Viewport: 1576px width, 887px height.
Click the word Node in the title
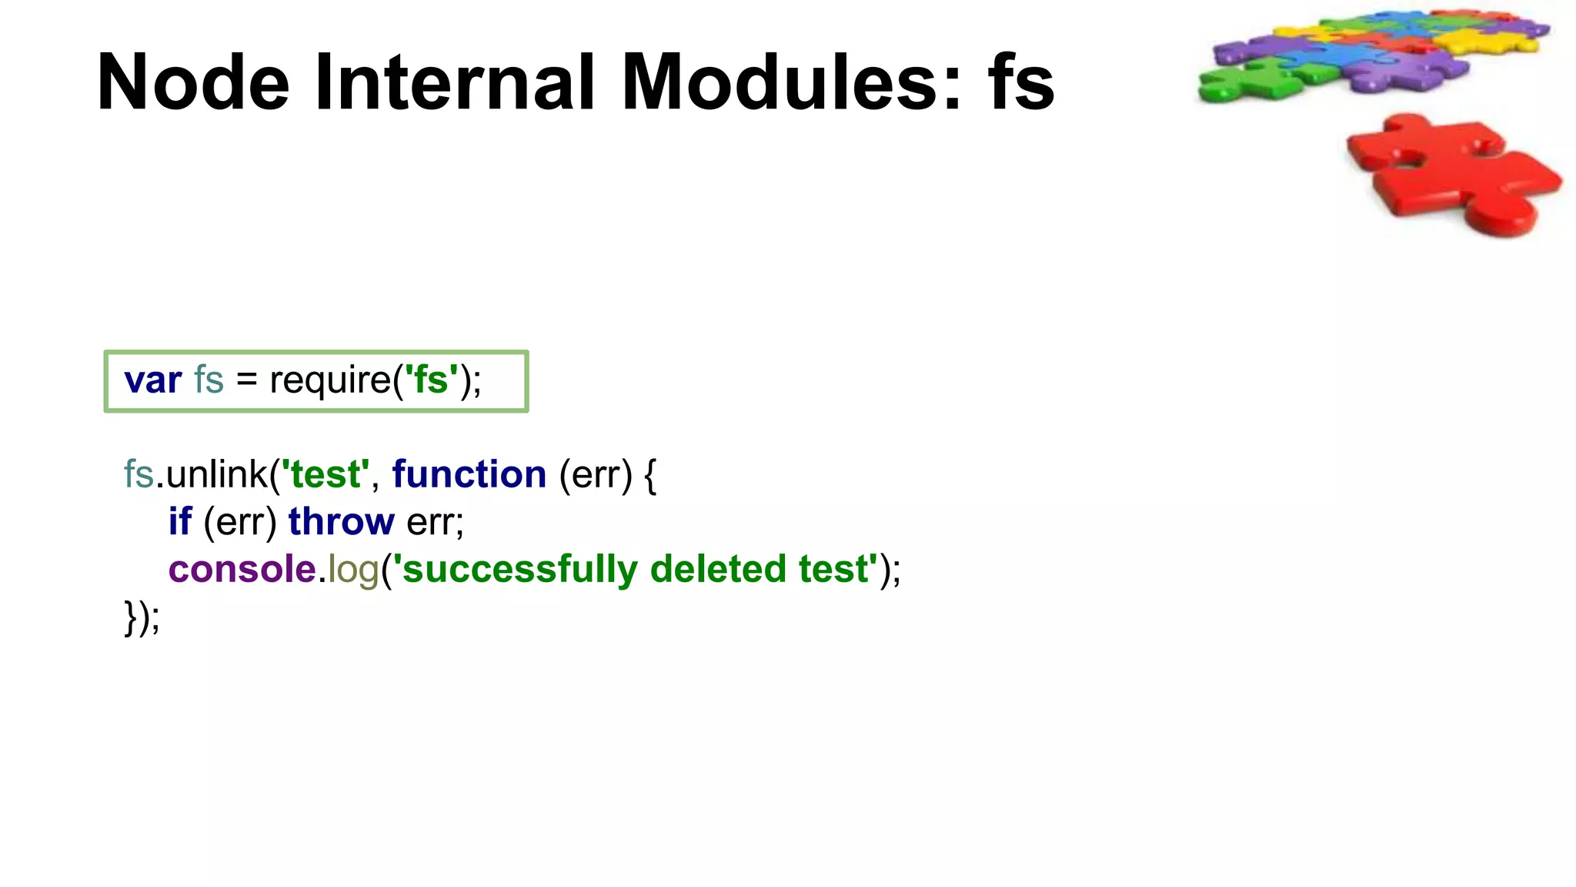(x=193, y=82)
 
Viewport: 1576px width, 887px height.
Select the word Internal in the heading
(x=455, y=82)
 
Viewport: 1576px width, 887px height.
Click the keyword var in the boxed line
(x=153, y=380)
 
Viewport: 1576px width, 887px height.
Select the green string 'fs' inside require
(x=431, y=380)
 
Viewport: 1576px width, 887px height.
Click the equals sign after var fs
(x=246, y=380)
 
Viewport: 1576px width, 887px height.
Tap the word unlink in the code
(x=217, y=474)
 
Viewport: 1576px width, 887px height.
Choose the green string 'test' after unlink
(x=326, y=474)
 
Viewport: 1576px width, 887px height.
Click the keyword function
(x=469, y=474)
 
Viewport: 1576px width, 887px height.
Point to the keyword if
(x=180, y=522)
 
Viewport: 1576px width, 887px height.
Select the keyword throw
(x=342, y=522)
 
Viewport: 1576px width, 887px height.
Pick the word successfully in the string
(x=520, y=570)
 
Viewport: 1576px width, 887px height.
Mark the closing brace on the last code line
(x=130, y=618)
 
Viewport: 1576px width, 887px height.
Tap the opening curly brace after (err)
(x=650, y=475)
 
